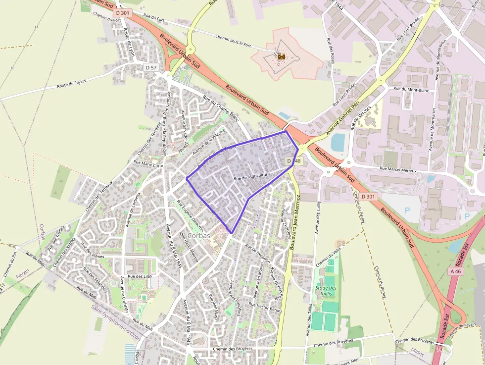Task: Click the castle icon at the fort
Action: (282, 56)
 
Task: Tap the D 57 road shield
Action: (151, 67)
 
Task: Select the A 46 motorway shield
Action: (455, 271)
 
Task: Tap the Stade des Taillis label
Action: (326, 291)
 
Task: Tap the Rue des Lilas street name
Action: (139, 276)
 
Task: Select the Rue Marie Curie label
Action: (148, 164)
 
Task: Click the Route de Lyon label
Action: (130, 43)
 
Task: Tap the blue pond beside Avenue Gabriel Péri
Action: (338, 142)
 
